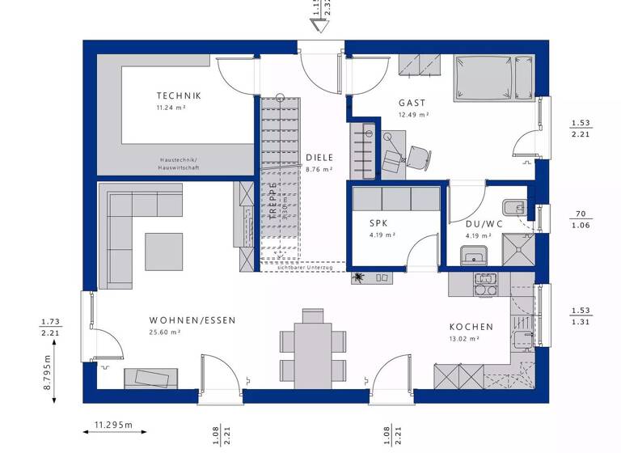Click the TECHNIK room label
(179, 95)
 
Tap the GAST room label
(412, 103)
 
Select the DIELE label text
(319, 158)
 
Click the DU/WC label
(483, 222)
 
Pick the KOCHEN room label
(471, 327)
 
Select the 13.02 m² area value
(465, 340)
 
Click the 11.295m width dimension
(113, 424)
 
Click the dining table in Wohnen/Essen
(312, 343)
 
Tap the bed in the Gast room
(494, 79)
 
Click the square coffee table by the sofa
(164, 251)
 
